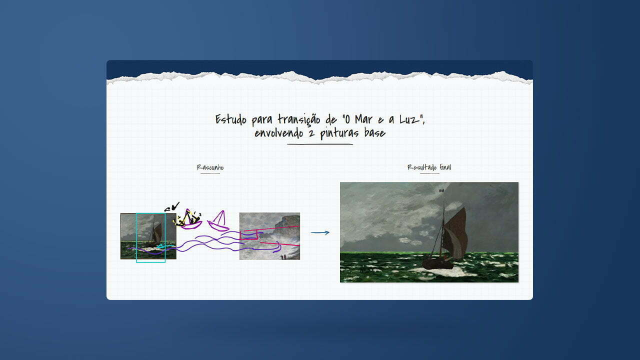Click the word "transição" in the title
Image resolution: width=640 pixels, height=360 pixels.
pos(299,119)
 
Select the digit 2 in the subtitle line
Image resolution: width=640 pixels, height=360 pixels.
pos(311,133)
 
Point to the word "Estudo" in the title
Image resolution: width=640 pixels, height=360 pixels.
pos(230,119)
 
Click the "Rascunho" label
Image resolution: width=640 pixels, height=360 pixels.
pos(210,167)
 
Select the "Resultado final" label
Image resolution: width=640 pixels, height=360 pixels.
pos(429,167)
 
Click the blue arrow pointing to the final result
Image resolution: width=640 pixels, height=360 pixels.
pos(320,233)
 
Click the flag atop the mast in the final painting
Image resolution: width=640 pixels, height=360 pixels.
pos(441,190)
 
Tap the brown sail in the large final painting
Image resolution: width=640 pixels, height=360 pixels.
pos(455,233)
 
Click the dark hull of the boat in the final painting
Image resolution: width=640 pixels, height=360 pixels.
pos(437,264)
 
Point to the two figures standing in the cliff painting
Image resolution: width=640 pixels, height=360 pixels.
pos(283,257)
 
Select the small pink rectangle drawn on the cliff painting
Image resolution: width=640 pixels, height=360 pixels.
pos(249,235)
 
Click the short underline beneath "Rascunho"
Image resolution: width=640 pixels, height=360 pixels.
pos(210,173)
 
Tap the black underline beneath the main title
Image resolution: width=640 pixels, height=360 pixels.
pos(320,144)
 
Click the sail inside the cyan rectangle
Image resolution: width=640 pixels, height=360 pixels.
pos(157,233)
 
